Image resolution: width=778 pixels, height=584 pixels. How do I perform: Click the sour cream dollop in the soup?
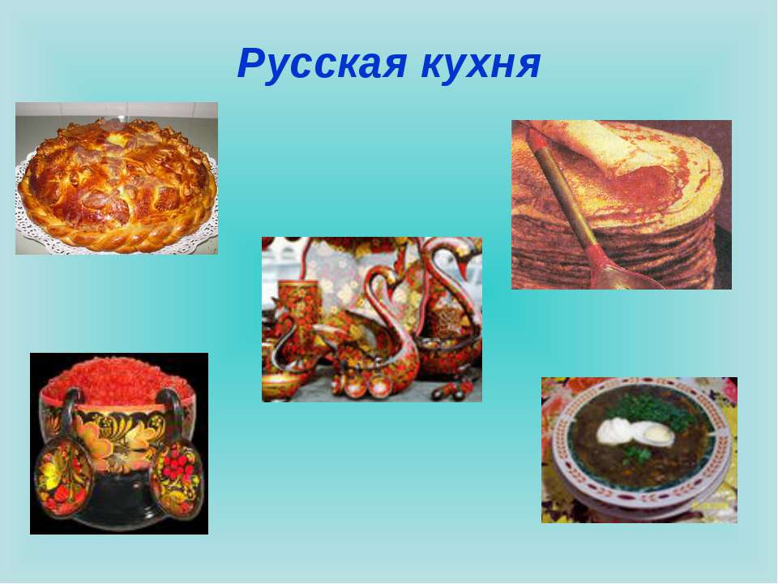(614, 431)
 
